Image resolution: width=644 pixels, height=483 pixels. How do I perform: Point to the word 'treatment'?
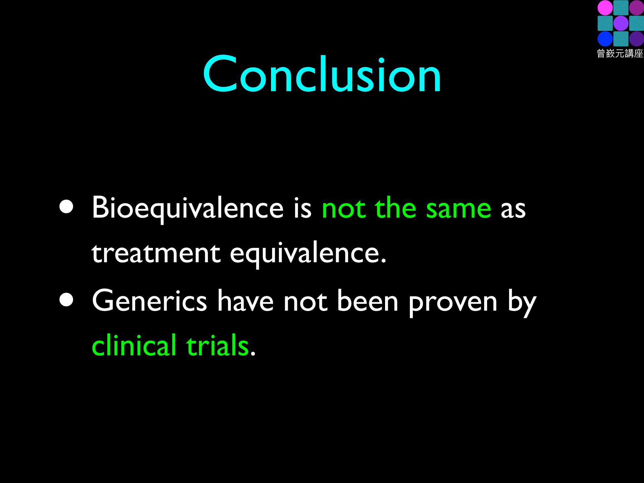[156, 253]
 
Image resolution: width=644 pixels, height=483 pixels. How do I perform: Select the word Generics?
[150, 301]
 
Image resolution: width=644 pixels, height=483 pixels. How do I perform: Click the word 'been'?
[368, 301]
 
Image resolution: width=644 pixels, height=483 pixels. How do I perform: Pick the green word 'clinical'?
[134, 345]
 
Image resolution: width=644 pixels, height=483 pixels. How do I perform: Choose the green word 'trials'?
[217, 345]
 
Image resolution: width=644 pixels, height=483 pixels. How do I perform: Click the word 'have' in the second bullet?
[245, 301]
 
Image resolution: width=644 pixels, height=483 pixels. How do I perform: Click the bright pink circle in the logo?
[605, 8]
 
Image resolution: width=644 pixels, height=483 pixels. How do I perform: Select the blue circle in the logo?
[605, 39]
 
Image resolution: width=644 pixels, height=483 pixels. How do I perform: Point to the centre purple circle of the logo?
[621, 23]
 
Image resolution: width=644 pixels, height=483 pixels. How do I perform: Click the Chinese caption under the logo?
[620, 54]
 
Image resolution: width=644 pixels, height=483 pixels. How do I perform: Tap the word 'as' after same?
[513, 210]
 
